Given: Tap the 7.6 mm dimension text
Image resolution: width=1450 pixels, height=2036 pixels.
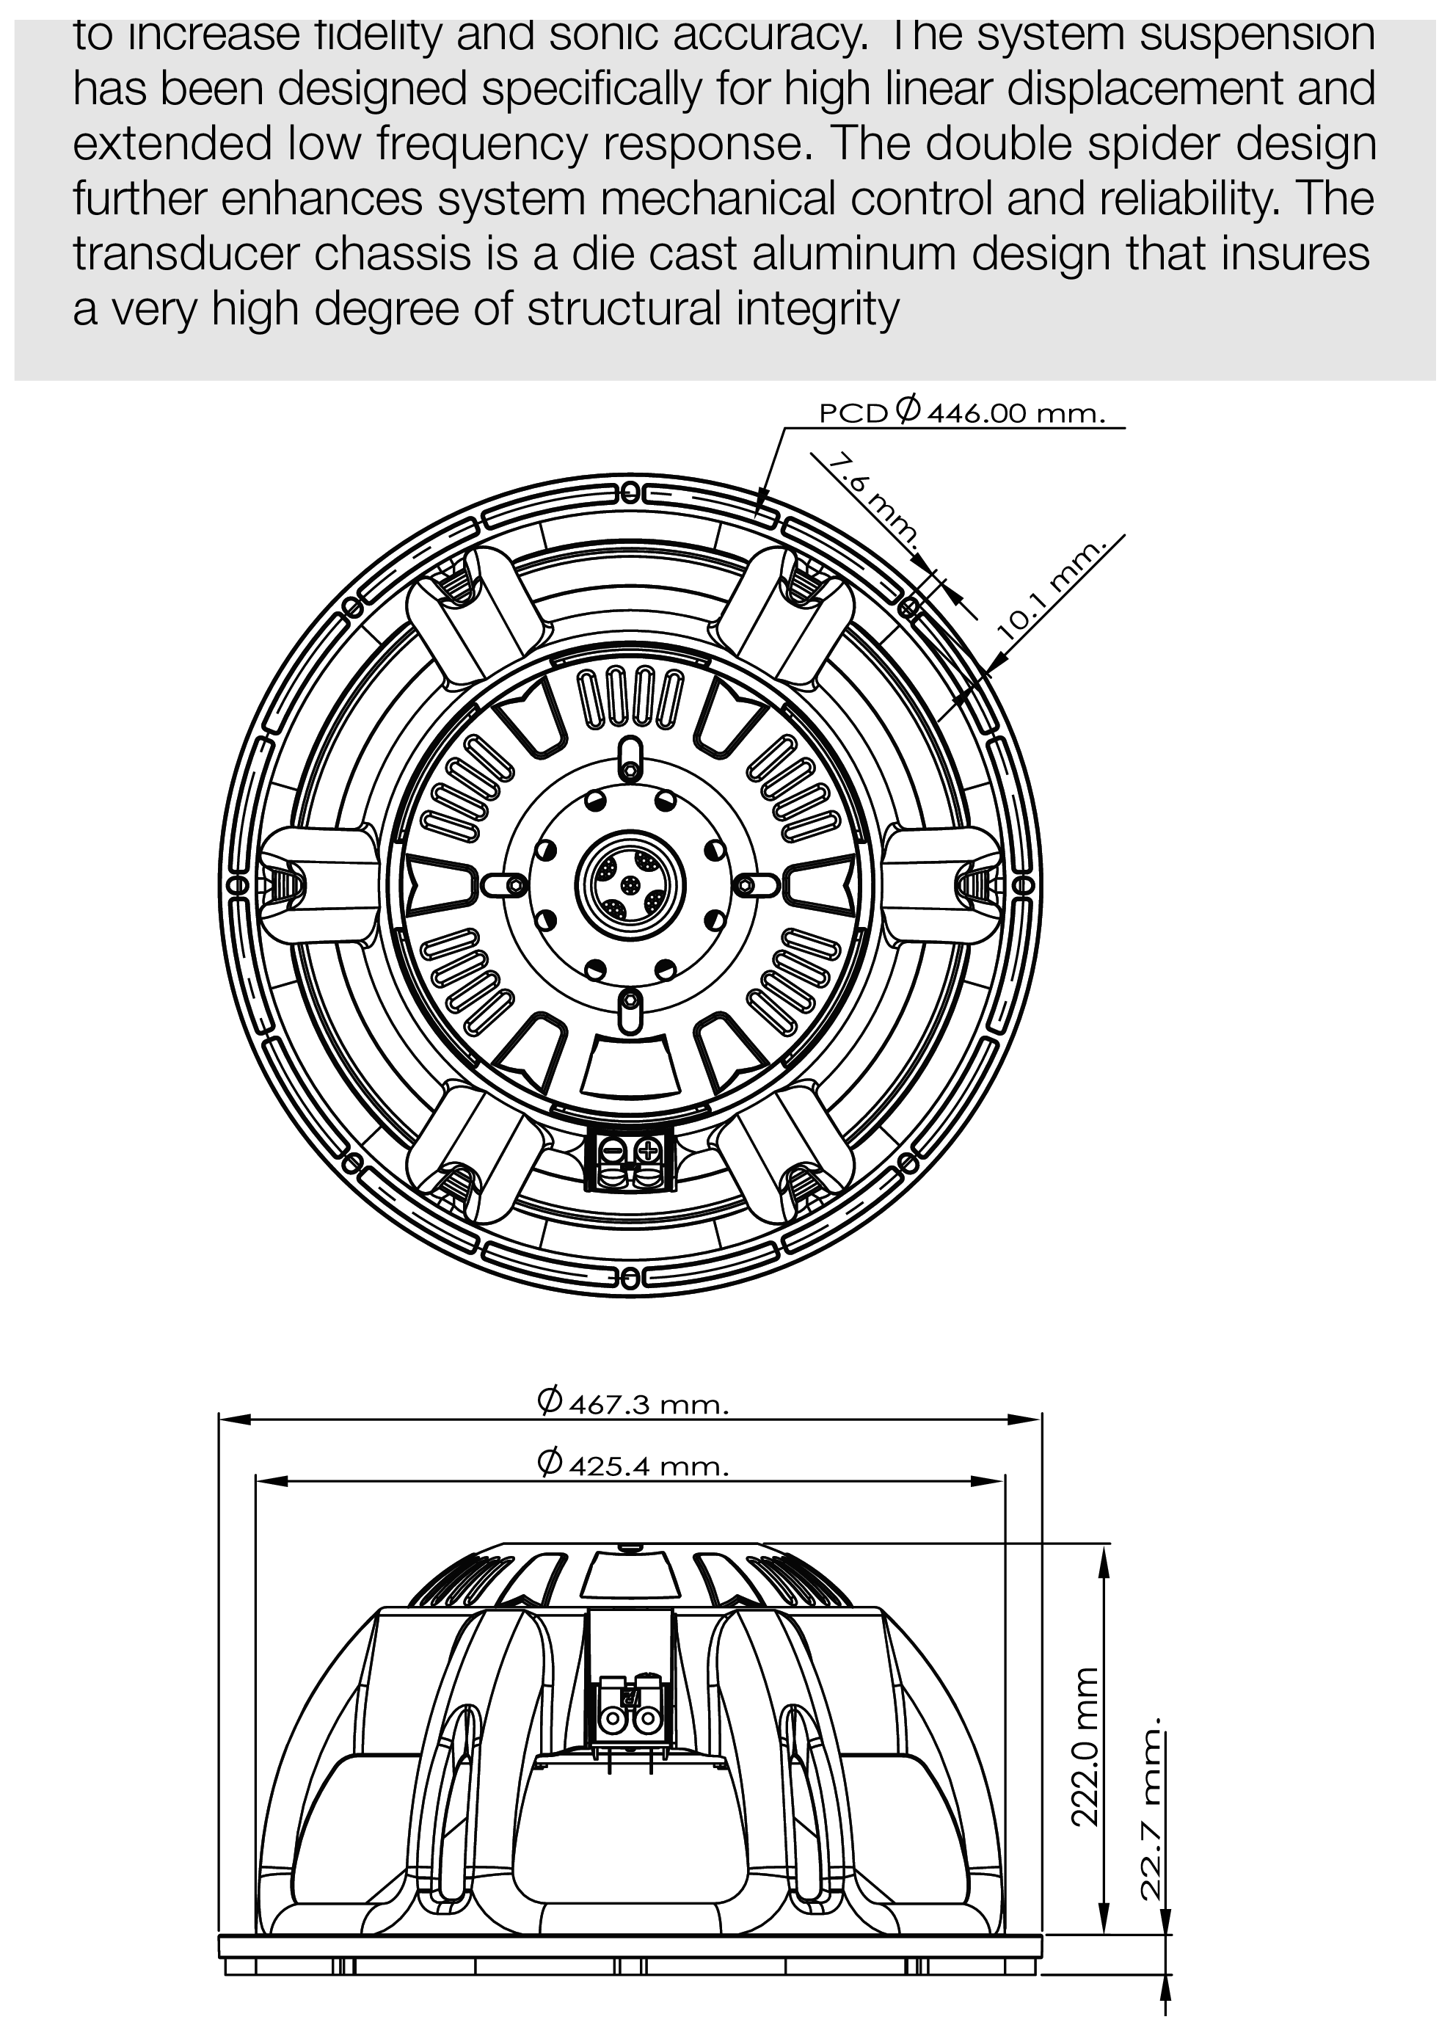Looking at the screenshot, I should coord(872,500).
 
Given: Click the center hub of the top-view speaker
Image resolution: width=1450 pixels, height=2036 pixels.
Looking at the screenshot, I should coord(631,883).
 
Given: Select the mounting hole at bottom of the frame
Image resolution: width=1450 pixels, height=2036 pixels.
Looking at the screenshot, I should coord(630,1279).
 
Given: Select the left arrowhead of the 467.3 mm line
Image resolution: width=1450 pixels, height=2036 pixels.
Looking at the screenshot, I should coord(230,1418).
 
